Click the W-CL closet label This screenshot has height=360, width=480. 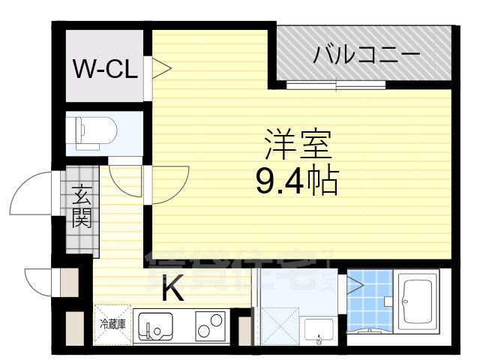pos(104,70)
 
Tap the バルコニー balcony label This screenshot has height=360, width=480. pos(366,54)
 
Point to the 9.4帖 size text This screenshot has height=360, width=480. pos(297,181)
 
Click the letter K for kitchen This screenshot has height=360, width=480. pos(172,290)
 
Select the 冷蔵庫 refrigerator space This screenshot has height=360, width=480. pos(112,324)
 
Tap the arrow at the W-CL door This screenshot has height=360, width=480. pos(163,69)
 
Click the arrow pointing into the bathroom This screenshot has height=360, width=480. pos(354,284)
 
